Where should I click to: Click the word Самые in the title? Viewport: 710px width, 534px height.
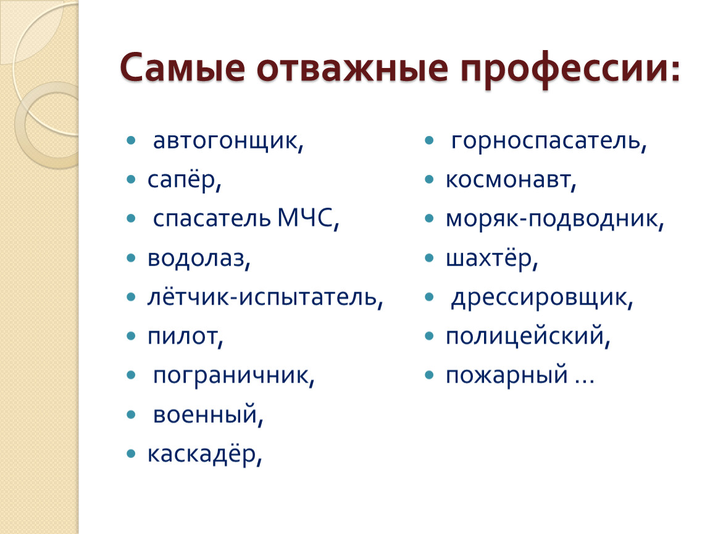coord(183,68)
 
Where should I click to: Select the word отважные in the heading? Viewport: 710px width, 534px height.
coord(353,68)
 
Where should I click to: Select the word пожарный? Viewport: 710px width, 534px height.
coord(507,376)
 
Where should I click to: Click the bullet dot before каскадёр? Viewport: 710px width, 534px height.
coord(132,453)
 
